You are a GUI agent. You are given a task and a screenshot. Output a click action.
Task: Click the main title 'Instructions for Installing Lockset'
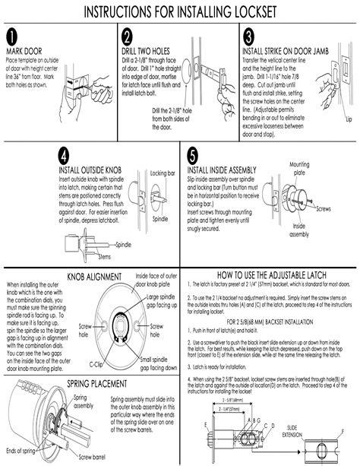180,13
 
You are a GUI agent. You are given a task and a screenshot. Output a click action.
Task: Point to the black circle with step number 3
248,38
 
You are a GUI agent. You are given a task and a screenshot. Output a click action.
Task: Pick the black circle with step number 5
192,157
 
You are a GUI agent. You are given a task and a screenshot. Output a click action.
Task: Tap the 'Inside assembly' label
298,230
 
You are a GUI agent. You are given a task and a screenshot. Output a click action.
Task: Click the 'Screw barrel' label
91,458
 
